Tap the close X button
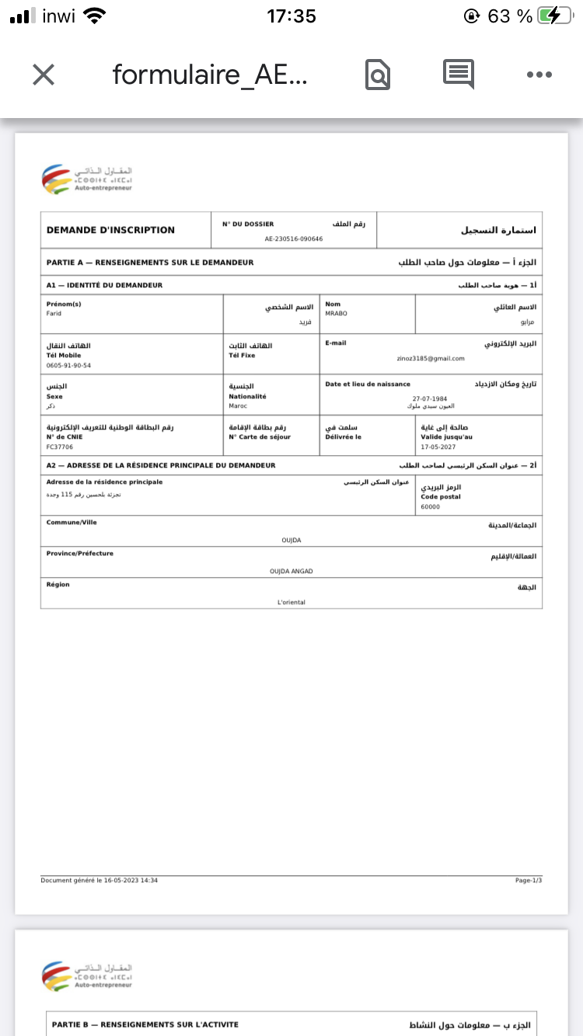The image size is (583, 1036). [x=44, y=75]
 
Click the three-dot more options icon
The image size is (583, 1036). [x=539, y=75]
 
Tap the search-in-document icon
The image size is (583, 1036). [x=377, y=75]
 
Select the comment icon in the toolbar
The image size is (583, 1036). [x=459, y=73]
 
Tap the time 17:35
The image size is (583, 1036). [x=291, y=16]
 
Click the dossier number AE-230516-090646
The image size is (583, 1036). [x=294, y=239]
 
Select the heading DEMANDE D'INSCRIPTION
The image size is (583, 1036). [x=110, y=230]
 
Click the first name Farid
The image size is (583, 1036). [x=54, y=314]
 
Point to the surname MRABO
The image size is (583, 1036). [x=336, y=314]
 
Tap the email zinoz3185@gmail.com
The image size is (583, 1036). [x=430, y=358]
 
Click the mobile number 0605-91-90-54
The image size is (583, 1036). [x=68, y=365]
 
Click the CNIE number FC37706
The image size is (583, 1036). [x=60, y=447]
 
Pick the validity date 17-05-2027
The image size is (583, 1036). [x=438, y=447]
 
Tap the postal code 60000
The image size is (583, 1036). [x=431, y=506]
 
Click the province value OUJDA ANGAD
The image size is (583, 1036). [x=291, y=571]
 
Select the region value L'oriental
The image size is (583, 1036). [x=291, y=602]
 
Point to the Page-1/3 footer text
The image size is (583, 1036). [x=529, y=880]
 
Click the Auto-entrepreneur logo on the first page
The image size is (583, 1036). [x=87, y=179]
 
